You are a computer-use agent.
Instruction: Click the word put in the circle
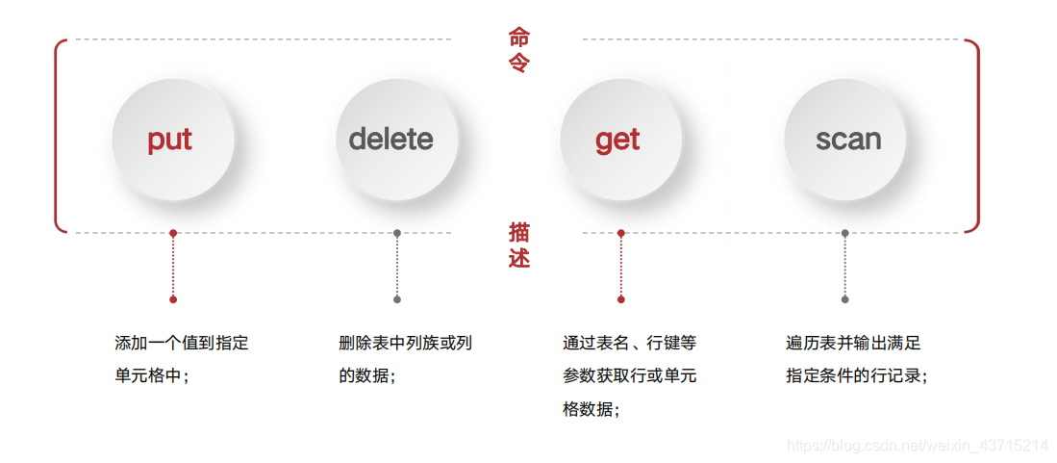pyautogui.click(x=170, y=140)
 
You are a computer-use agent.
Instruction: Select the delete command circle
pyautogui.click(x=391, y=140)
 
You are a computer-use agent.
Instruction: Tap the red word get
pyautogui.click(x=617, y=140)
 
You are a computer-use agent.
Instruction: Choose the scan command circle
pyautogui.click(x=848, y=140)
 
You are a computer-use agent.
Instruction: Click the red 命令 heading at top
pyautogui.click(x=519, y=50)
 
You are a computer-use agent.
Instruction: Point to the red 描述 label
pyautogui.click(x=519, y=245)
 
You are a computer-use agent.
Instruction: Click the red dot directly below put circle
pyautogui.click(x=173, y=233)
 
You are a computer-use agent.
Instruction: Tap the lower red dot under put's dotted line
pyautogui.click(x=173, y=299)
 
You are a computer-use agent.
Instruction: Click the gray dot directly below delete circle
pyautogui.click(x=397, y=233)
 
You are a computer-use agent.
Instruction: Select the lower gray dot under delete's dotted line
pyautogui.click(x=397, y=299)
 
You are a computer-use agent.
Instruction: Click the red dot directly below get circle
pyautogui.click(x=621, y=233)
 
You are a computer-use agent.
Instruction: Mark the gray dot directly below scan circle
pyautogui.click(x=845, y=233)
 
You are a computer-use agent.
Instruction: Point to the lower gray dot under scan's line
pyautogui.click(x=845, y=299)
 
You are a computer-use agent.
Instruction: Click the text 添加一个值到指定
pyautogui.click(x=182, y=343)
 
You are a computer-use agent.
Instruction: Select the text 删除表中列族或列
pyautogui.click(x=406, y=343)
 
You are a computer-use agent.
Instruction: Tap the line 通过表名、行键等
pyautogui.click(x=630, y=343)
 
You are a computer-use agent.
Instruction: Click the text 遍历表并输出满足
pyautogui.click(x=854, y=343)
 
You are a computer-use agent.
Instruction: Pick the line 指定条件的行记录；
pyautogui.click(x=857, y=375)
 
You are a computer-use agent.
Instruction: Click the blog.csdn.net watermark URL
pyautogui.click(x=918, y=446)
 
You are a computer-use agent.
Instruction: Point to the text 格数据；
pyautogui.click(x=591, y=409)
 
